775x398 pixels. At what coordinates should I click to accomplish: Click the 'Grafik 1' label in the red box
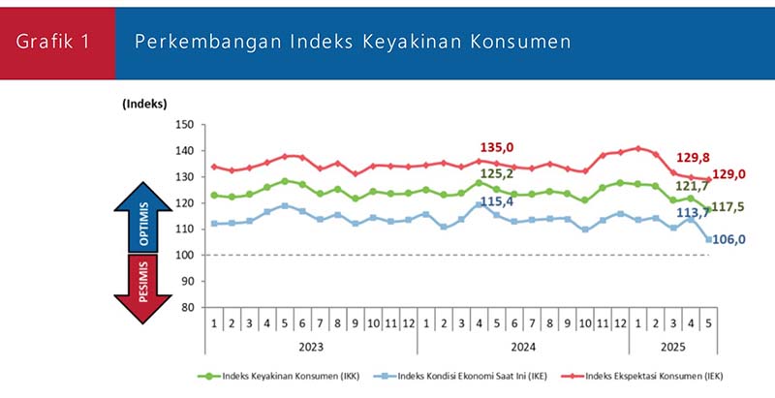57,42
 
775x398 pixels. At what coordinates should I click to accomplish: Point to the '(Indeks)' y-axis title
144,104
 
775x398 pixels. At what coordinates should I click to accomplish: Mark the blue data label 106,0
733,239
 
